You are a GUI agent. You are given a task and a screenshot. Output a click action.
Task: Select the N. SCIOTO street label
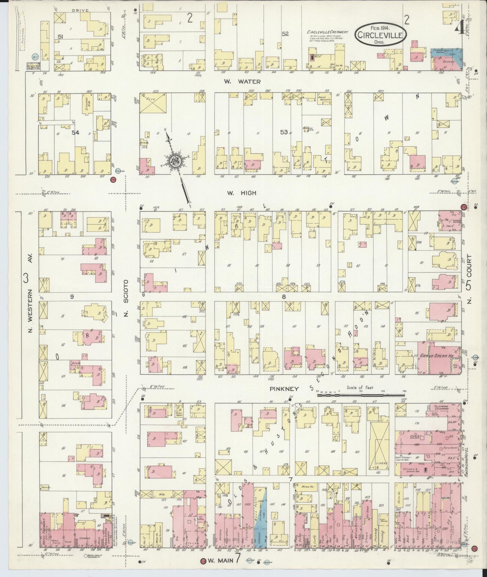click(126, 298)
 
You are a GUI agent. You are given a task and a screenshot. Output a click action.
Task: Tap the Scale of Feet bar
click(360, 395)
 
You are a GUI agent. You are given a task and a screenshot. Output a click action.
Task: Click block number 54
click(75, 133)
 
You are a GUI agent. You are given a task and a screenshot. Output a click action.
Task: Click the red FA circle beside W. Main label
click(203, 561)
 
